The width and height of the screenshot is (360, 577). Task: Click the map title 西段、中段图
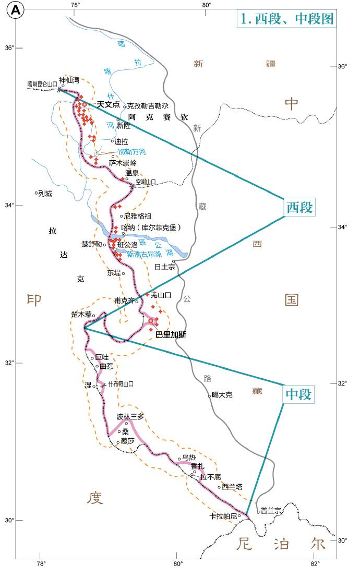[x=286, y=19]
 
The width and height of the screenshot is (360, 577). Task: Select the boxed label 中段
[x=299, y=394]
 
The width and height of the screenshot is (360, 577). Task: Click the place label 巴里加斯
[x=171, y=335]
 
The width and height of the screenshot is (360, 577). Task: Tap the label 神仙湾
[x=69, y=80]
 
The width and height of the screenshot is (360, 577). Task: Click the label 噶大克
[x=222, y=395]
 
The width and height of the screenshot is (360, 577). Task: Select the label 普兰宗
[x=271, y=511]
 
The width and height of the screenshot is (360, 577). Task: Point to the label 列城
[x=45, y=193]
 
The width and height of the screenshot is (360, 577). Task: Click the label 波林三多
[x=130, y=417]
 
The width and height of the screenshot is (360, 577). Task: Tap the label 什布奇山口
[x=121, y=384]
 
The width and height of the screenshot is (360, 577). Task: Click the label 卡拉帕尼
[x=223, y=516]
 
